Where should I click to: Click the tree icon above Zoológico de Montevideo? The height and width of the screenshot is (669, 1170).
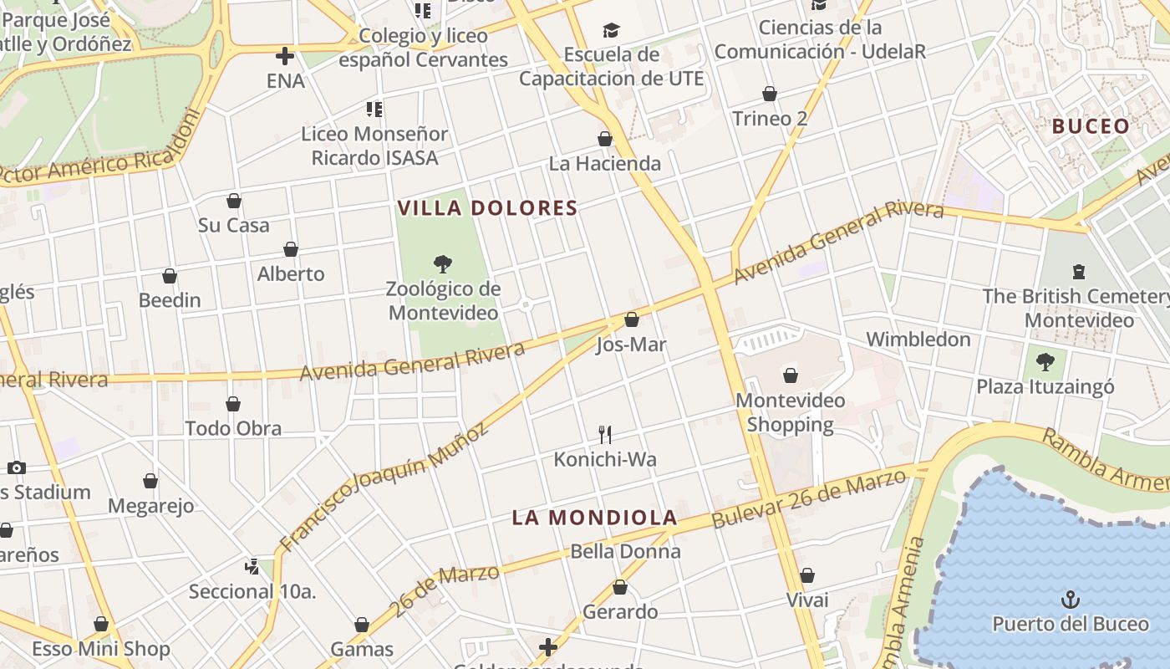tap(443, 264)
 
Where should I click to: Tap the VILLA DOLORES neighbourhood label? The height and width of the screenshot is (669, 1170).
tap(487, 208)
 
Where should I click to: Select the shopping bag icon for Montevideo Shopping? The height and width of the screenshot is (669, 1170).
tap(791, 375)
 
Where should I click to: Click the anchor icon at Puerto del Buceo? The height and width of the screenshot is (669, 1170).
tap(1071, 599)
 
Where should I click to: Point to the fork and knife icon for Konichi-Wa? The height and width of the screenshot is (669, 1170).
tap(605, 434)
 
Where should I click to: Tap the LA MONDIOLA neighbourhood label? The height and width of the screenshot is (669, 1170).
tap(593, 518)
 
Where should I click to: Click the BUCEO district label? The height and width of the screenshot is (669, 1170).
tap(1091, 126)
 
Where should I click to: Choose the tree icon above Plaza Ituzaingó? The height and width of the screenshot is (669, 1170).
tap(1045, 362)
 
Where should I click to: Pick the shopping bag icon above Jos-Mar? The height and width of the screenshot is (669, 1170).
tap(632, 319)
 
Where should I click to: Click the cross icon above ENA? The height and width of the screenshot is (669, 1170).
tap(285, 56)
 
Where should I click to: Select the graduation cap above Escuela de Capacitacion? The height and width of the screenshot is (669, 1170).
tap(612, 31)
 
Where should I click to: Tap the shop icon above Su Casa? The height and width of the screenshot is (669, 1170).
tap(234, 201)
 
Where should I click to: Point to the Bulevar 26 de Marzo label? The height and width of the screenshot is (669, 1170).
tap(809, 498)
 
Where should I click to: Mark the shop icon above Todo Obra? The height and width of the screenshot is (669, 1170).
tap(233, 404)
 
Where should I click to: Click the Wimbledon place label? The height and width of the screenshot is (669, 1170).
tap(918, 340)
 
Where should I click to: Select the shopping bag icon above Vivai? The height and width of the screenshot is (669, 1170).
tap(807, 575)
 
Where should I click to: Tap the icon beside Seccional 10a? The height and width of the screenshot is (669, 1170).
tap(252, 566)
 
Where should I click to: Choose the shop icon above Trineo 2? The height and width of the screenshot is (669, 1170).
tap(770, 94)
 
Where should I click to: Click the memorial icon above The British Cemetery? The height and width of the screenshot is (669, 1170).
tap(1079, 271)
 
